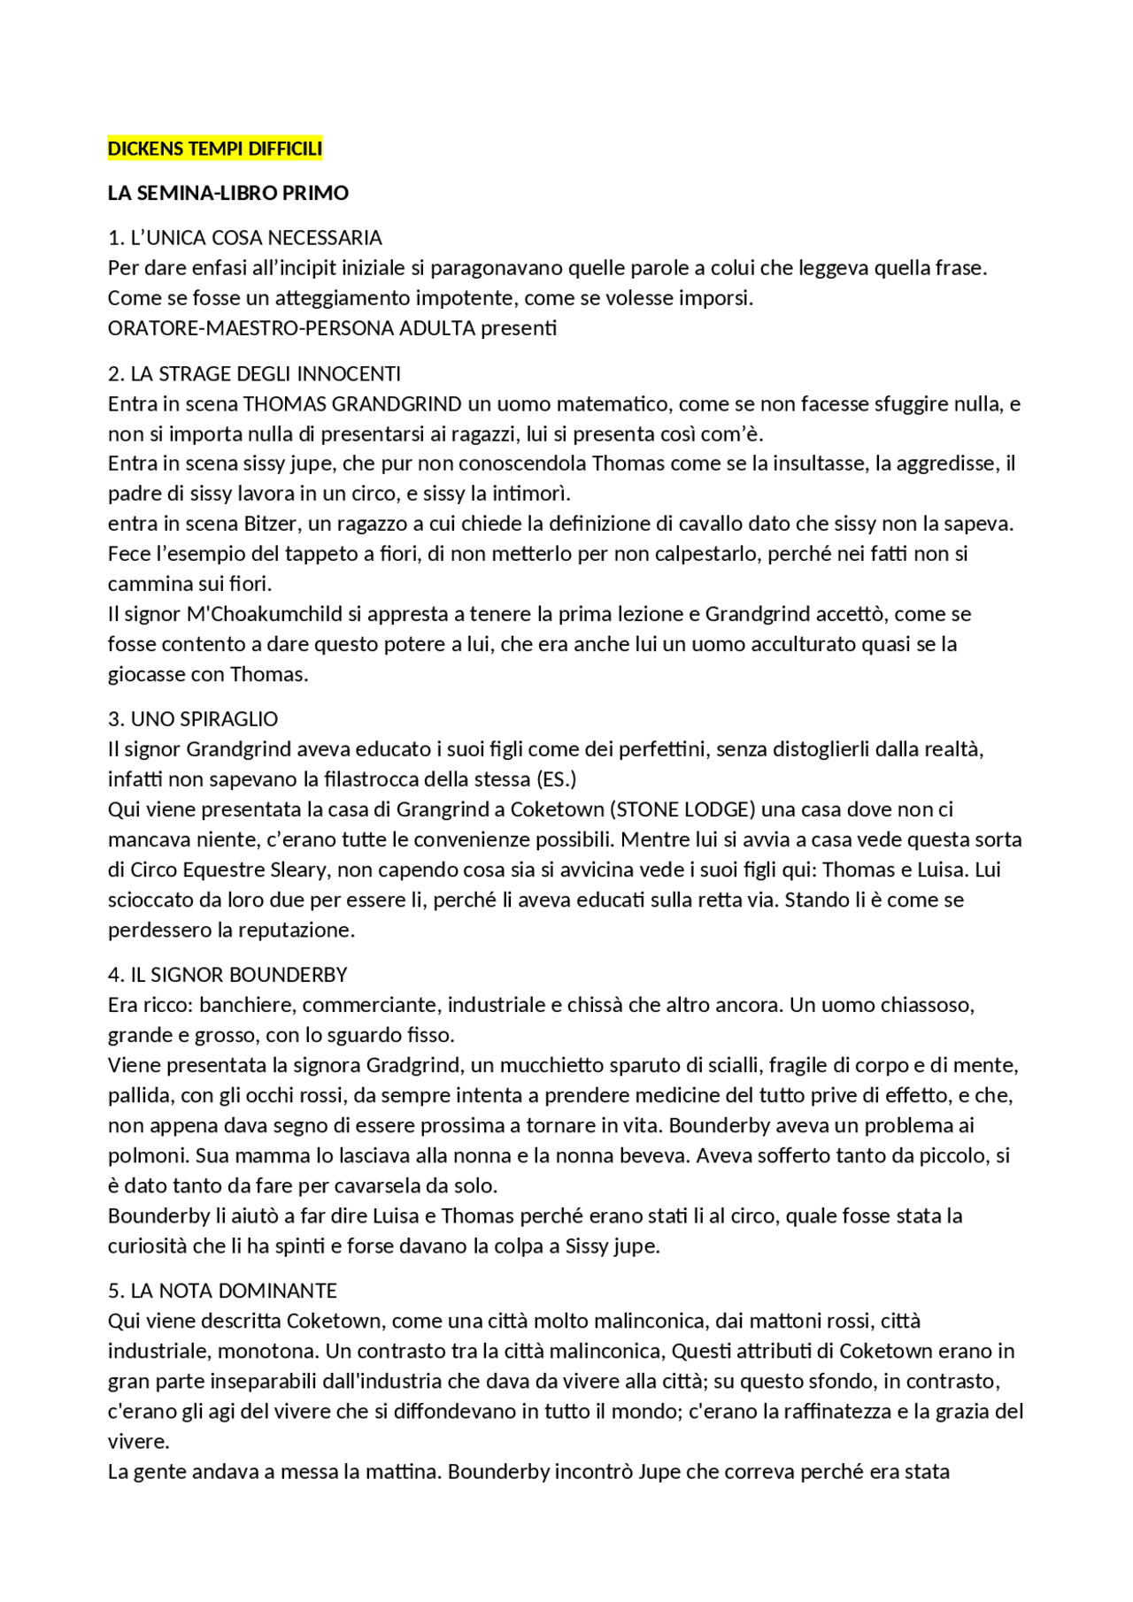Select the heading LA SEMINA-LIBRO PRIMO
point(228,193)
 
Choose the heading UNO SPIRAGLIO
point(204,719)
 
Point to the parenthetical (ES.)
point(556,779)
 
